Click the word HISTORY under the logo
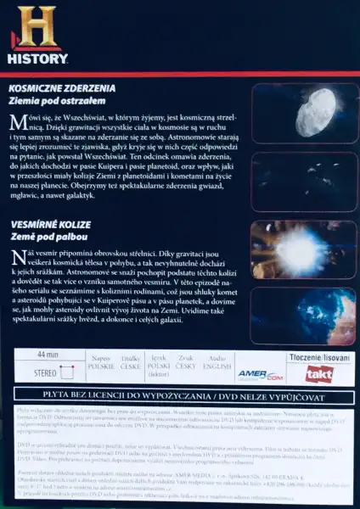tap(37, 59)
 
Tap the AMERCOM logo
tap(260, 374)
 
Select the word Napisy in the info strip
tap(102, 360)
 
